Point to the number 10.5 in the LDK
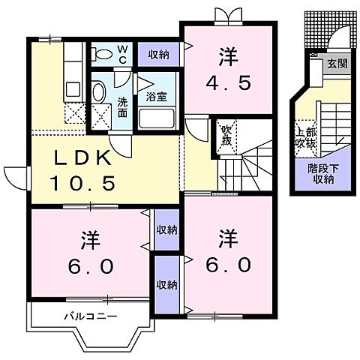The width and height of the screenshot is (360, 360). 82,182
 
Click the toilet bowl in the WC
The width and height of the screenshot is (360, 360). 100,53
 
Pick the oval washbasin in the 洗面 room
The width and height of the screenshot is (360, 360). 98,92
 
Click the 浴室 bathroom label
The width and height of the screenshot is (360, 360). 156,97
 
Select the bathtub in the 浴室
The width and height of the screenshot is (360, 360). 157,118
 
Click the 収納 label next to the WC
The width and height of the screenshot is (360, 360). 157,53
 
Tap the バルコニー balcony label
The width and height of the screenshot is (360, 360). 89,316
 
